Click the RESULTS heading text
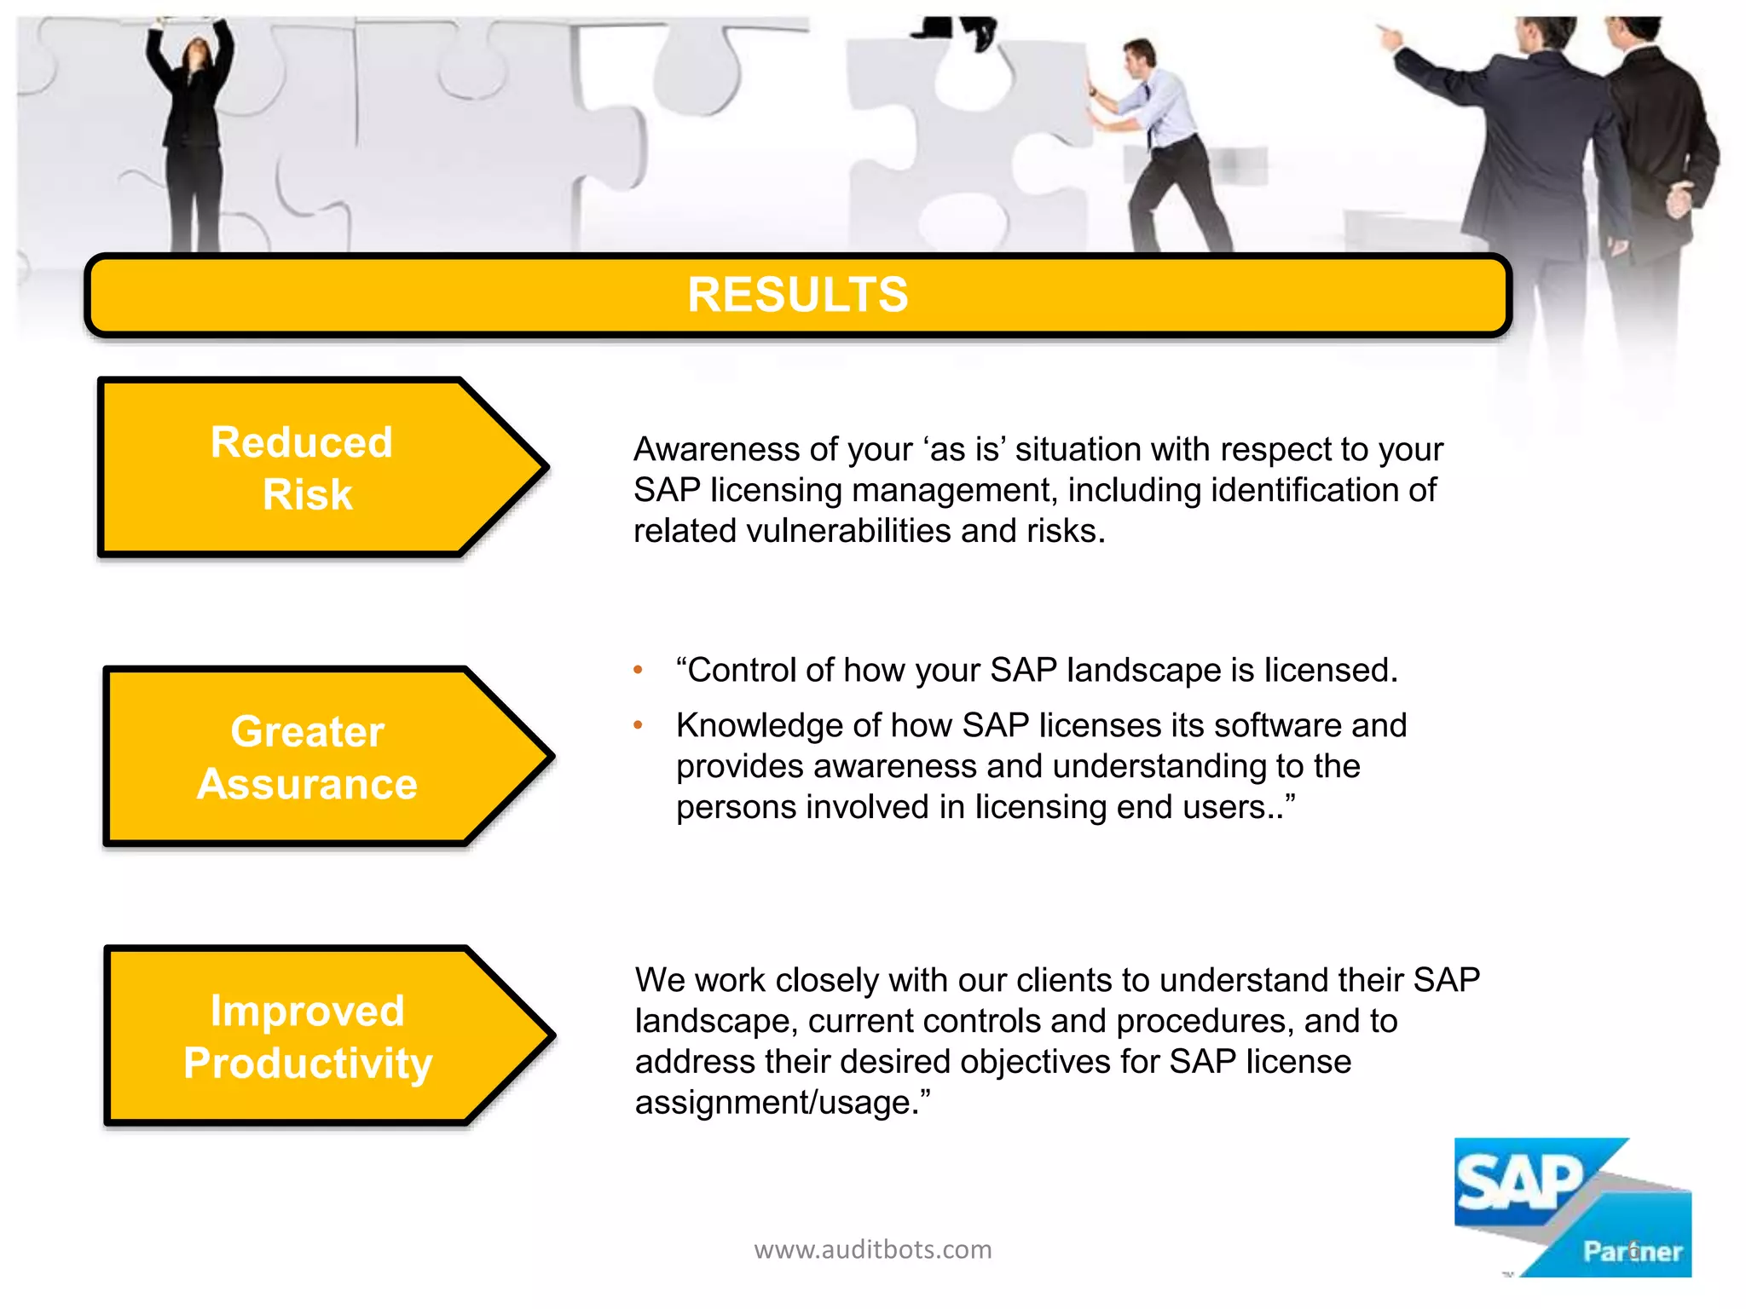(x=797, y=295)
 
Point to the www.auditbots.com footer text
(x=872, y=1249)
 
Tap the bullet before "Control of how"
(x=638, y=671)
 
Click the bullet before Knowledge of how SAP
(x=638, y=726)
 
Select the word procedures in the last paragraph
(x=1202, y=1021)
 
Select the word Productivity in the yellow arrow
(x=308, y=1064)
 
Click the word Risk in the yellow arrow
(x=307, y=495)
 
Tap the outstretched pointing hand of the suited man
(x=1390, y=34)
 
